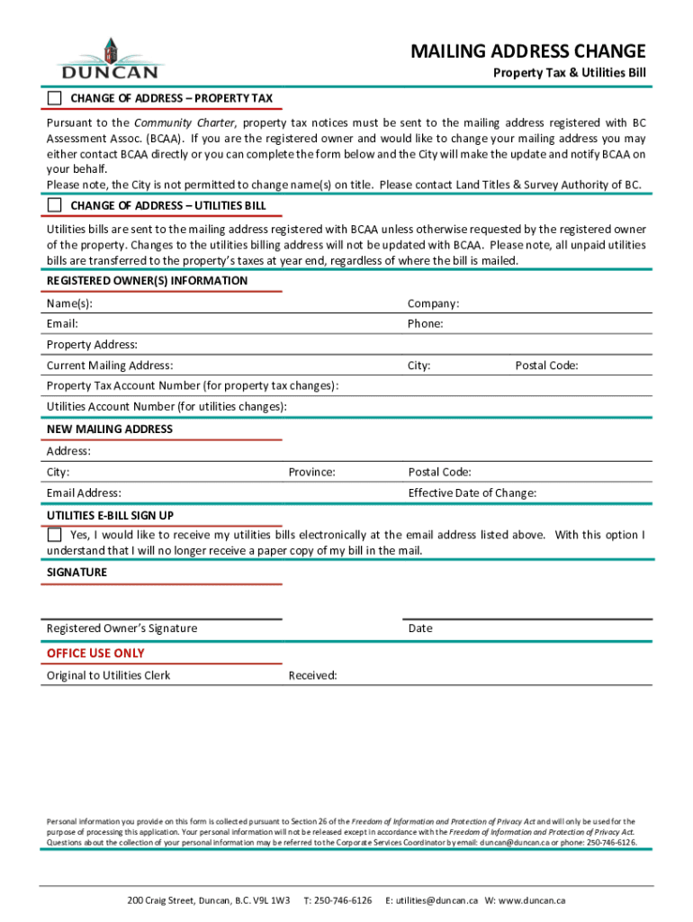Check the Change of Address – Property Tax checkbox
pyautogui.click(x=55, y=97)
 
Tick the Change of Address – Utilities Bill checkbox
pyautogui.click(x=55, y=205)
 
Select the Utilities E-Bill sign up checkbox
pyautogui.click(x=55, y=535)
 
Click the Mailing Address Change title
pyautogui.click(x=528, y=50)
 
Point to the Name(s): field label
pyautogui.click(x=69, y=303)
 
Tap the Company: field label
pyautogui.click(x=433, y=303)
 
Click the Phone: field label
pyautogui.click(x=425, y=323)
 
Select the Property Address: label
pyautogui.click(x=92, y=345)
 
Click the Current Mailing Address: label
pyautogui.click(x=110, y=366)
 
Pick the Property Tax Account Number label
pyautogui.click(x=193, y=386)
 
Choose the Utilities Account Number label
pyautogui.click(x=166, y=407)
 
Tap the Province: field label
pyautogui.click(x=311, y=472)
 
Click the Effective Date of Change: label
pyautogui.click(x=472, y=493)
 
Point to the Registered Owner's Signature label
pyautogui.click(x=121, y=628)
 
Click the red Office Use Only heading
pyautogui.click(x=95, y=653)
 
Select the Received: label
pyautogui.click(x=312, y=675)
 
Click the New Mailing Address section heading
pyautogui.click(x=109, y=429)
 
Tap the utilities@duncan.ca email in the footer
pyautogui.click(x=438, y=899)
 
